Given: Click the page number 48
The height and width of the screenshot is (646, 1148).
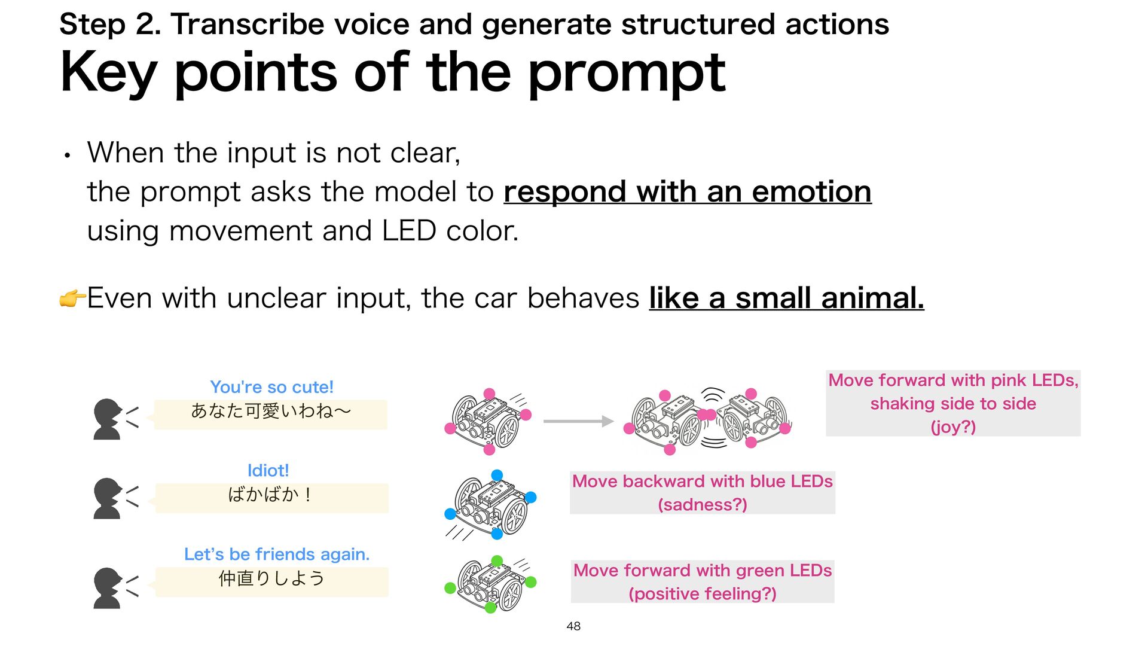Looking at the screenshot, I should coord(573,626).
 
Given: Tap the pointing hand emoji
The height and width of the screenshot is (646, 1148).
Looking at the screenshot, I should coord(72,298).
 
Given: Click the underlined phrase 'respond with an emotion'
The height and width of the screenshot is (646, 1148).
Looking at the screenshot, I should coord(687,192).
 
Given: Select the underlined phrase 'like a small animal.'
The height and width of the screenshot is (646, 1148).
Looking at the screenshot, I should coord(786,298).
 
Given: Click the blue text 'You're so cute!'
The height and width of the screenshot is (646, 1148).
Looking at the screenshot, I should coord(271,387).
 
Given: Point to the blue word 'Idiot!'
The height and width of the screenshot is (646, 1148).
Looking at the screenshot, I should coord(268,471).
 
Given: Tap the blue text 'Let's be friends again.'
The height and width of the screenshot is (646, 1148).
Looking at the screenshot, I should coord(277,554).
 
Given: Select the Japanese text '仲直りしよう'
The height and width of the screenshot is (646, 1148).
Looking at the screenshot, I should coord(271,578).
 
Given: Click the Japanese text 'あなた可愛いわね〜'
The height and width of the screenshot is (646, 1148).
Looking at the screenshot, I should coord(271,411).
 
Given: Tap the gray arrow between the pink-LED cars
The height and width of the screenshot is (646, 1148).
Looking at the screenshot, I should coord(578,421).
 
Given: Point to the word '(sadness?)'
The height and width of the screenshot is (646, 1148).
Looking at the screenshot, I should coord(703,505).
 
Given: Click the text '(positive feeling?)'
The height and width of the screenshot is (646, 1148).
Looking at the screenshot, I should coord(703,594).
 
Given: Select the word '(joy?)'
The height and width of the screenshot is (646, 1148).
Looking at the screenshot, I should coord(953,427).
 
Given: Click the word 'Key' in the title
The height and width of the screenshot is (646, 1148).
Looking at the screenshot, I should coord(108,73).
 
